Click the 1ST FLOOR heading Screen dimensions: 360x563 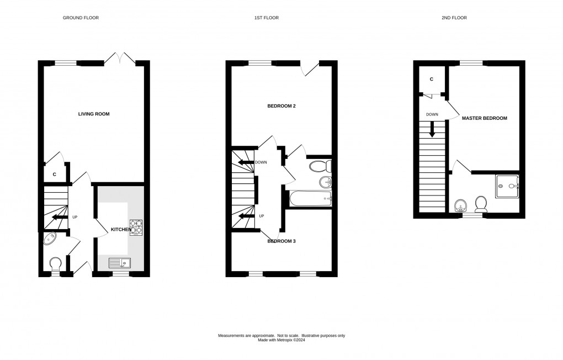266,18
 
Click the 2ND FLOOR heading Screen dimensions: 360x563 454,18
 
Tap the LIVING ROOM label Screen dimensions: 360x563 94,114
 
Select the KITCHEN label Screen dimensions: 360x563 121,229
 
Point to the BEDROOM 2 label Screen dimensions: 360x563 282,106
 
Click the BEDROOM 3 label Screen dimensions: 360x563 282,241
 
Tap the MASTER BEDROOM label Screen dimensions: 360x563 484,118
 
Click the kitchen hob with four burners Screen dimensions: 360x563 136,227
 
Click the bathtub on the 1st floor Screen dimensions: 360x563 309,198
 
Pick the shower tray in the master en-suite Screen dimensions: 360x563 507,186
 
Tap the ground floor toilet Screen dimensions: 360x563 55,264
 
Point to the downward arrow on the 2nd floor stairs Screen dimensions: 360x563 432,130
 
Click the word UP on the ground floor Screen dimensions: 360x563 75,217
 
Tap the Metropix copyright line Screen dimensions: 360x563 281,340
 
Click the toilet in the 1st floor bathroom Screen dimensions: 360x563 320,166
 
